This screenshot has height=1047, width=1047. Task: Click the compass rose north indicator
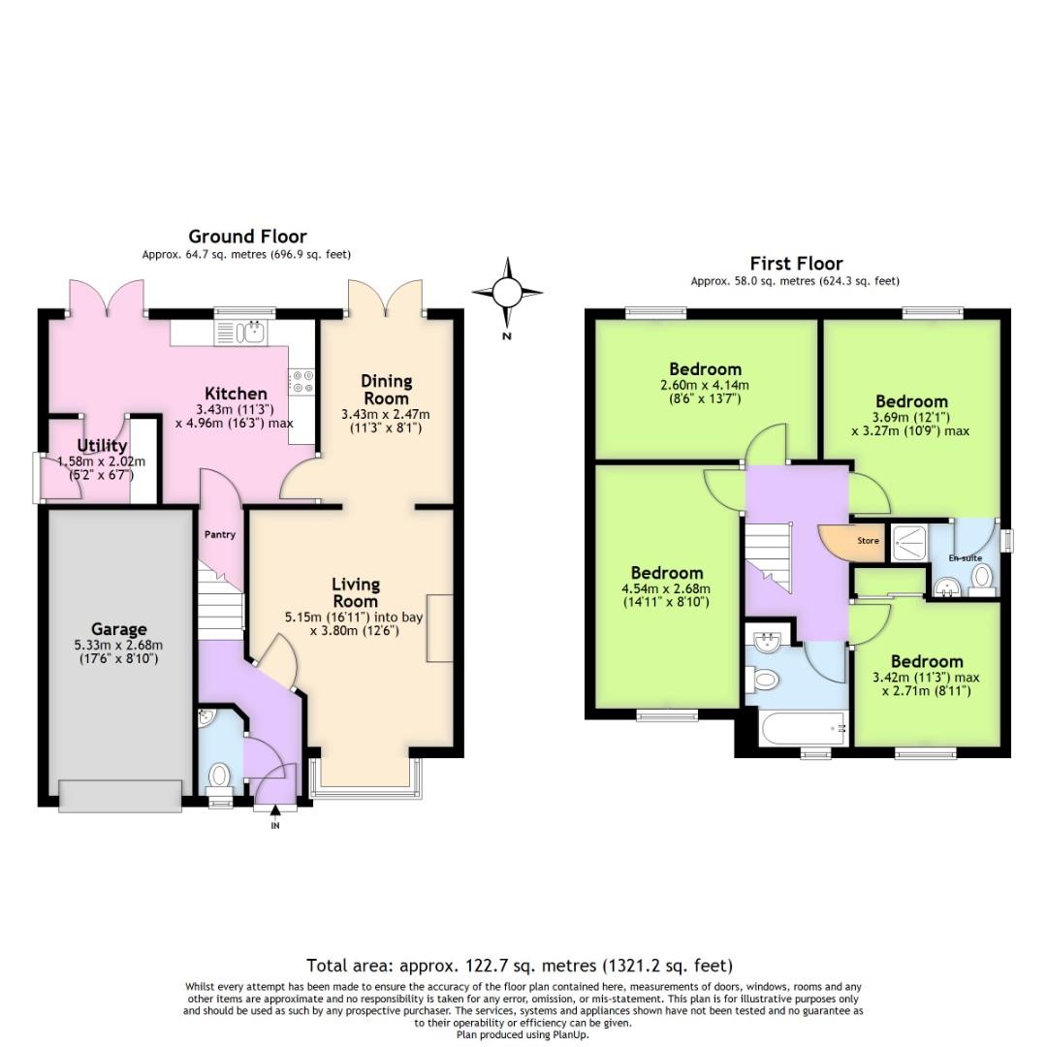[x=507, y=292]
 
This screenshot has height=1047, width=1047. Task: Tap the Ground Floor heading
[x=247, y=237]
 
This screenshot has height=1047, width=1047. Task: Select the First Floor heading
[x=795, y=264]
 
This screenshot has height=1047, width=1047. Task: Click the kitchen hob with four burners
[x=301, y=381]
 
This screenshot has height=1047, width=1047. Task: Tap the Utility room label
[x=102, y=446]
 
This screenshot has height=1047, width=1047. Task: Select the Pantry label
[x=219, y=534]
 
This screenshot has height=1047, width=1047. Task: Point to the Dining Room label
[x=386, y=390]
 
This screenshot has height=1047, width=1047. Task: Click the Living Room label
[x=355, y=592]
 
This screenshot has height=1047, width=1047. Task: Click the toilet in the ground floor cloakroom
[x=220, y=776]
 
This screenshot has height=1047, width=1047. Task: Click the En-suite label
[x=964, y=559]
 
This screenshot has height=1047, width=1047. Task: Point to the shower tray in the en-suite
[x=909, y=544]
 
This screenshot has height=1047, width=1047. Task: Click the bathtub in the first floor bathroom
[x=802, y=727]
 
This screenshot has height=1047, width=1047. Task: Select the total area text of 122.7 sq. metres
[x=520, y=966]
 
